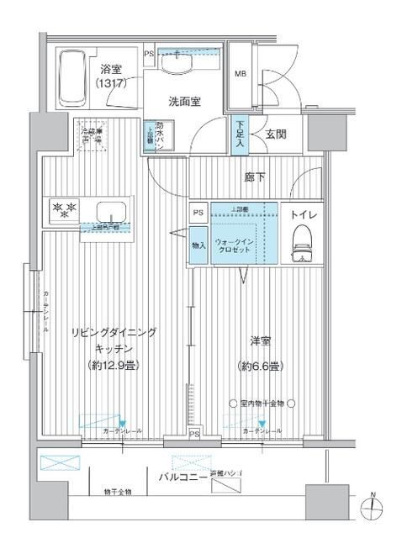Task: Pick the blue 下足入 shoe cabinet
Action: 241,135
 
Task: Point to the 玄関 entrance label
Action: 275,134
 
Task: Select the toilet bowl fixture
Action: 300,247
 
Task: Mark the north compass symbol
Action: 373,508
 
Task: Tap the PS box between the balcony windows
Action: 194,434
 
